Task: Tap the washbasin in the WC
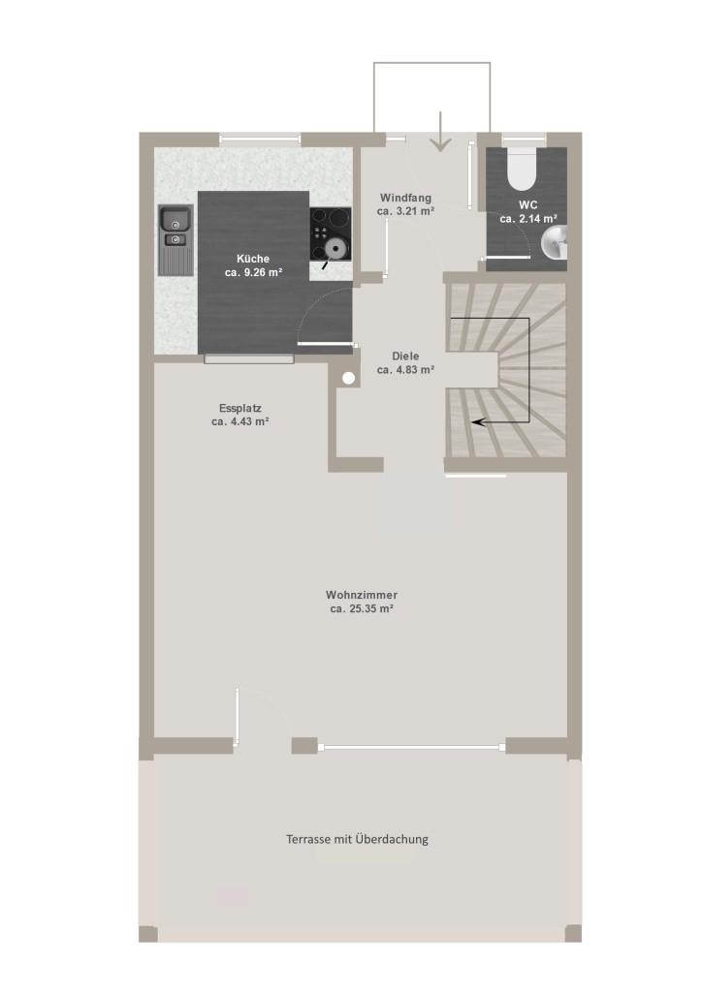pos(555,243)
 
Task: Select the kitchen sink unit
pos(175,240)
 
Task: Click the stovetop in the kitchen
pos(331,234)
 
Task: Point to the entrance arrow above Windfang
pos(440,132)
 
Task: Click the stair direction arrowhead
pos(477,421)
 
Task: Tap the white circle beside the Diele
pos(349,379)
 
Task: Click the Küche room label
pos(253,259)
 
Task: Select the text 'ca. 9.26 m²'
pos(253,272)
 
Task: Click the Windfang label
pos(405,198)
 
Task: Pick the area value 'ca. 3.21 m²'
pos(405,211)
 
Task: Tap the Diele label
pos(405,356)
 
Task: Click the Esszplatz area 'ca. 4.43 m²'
pos(240,421)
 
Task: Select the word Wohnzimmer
pos(362,595)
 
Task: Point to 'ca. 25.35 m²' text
pos(362,608)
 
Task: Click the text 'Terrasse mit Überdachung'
pos(357,840)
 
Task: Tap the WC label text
pos(527,205)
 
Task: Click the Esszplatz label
pos(240,408)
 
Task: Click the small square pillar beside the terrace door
pos(304,745)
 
